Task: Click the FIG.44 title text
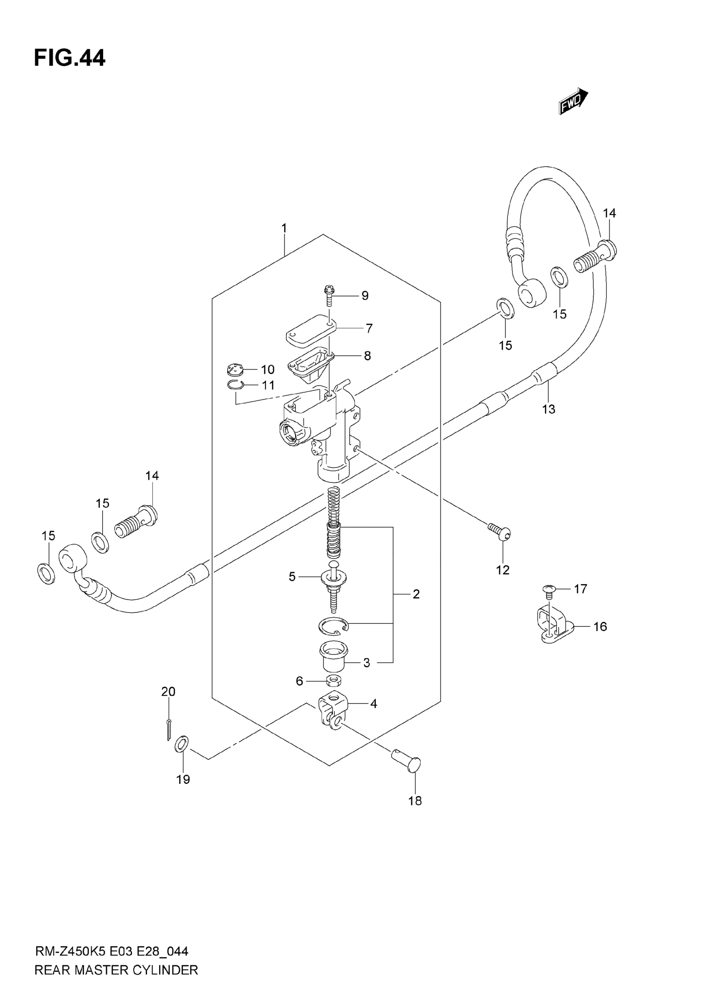point(70,58)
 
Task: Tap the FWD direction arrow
point(573,101)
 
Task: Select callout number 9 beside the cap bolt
point(365,296)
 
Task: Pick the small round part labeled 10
point(236,370)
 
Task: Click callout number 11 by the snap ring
point(268,385)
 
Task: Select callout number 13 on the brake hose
point(548,409)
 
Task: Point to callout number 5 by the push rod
point(292,577)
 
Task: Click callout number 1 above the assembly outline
point(284,228)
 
